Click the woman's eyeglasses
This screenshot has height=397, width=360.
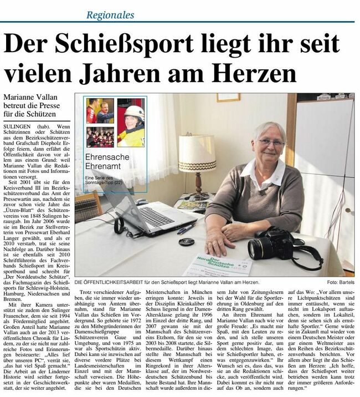(271, 142)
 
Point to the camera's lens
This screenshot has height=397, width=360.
(259, 248)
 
